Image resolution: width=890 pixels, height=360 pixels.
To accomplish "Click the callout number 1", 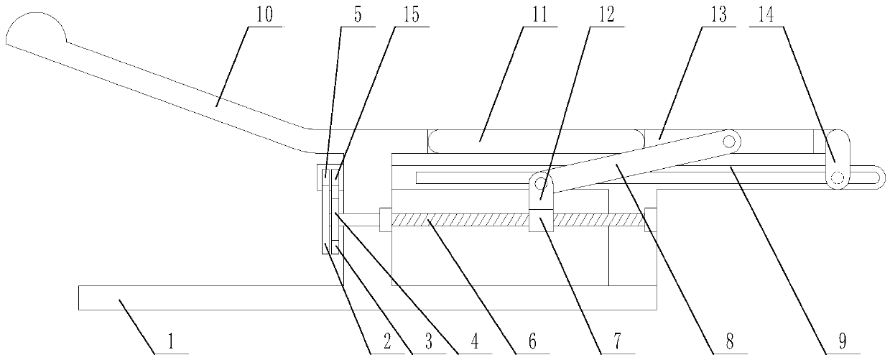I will pyautogui.click(x=170, y=343).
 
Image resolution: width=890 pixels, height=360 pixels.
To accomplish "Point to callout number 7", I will pyautogui.click(x=617, y=343).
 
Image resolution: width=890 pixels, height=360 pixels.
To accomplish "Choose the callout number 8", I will pyautogui.click(x=730, y=343).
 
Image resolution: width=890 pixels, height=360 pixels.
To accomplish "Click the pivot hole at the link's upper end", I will pyautogui.click(x=730, y=142).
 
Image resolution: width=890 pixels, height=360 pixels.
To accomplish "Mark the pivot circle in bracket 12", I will pyautogui.click(x=543, y=185).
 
